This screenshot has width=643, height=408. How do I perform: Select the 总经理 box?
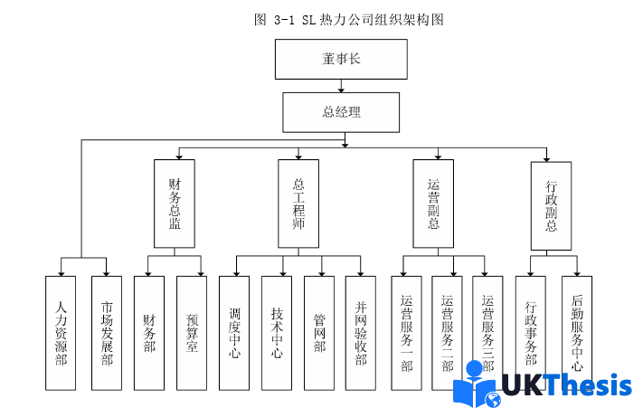click(x=342, y=113)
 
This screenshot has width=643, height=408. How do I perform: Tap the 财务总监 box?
click(x=175, y=204)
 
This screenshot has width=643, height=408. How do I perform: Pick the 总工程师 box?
click(x=298, y=204)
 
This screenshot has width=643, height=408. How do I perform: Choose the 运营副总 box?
click(x=433, y=204)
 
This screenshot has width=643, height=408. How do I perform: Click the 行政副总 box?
click(x=551, y=206)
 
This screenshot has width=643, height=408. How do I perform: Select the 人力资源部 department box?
click(x=61, y=333)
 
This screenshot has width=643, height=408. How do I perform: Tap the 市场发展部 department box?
click(x=106, y=333)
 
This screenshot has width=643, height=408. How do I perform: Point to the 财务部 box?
click(x=148, y=333)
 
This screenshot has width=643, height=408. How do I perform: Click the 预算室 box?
click(x=192, y=333)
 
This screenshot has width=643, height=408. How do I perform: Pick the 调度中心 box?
click(x=234, y=333)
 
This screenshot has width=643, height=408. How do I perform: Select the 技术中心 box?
click(x=277, y=333)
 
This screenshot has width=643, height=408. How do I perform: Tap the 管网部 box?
click(x=319, y=333)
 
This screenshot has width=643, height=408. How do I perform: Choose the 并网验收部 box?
click(x=361, y=333)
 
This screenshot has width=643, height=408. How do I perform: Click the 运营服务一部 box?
click(x=406, y=333)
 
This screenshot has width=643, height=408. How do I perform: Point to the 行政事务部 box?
click(x=530, y=333)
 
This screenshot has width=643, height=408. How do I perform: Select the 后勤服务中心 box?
click(x=577, y=333)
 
